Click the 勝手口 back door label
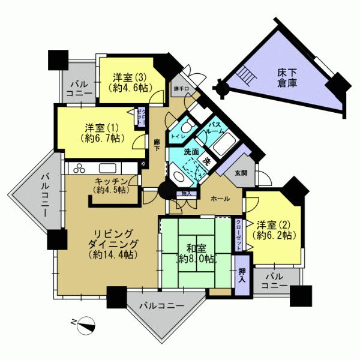pos(181,90)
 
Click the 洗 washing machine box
pos(206,160)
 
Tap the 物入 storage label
pos(187,193)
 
